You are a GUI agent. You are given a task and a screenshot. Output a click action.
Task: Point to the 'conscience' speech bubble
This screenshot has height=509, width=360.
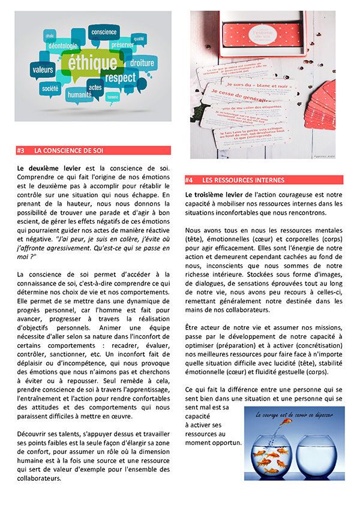(x=104, y=32)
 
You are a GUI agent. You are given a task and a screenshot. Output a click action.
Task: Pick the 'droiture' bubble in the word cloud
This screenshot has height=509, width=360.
(x=142, y=62)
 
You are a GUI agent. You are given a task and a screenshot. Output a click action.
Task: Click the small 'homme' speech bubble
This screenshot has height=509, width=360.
(x=112, y=96)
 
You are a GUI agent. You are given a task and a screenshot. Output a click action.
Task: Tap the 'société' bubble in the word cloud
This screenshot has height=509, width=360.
(x=50, y=88)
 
